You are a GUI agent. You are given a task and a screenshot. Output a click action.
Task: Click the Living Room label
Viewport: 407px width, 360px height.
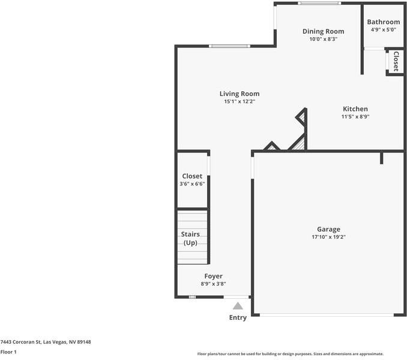(239, 94)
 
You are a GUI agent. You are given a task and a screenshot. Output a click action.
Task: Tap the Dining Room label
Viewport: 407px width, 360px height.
(323, 31)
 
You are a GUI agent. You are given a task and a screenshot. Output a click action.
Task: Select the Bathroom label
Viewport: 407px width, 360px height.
(384, 22)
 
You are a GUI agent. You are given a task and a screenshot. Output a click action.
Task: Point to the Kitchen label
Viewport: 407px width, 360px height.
(355, 109)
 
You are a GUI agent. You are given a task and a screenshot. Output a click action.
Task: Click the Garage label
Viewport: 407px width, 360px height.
(328, 229)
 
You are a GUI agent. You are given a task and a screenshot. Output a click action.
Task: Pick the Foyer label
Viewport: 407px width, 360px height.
(213, 276)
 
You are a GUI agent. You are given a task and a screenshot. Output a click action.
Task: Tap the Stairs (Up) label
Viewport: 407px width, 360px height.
(190, 238)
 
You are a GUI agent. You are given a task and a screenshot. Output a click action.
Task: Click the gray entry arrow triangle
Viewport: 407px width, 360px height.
(238, 306)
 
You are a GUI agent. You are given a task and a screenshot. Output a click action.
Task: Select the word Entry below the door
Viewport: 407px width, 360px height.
(238, 317)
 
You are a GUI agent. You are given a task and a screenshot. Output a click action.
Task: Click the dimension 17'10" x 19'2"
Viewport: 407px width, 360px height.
(328, 237)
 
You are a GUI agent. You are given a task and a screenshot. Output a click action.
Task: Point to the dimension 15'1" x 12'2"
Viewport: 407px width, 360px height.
(239, 102)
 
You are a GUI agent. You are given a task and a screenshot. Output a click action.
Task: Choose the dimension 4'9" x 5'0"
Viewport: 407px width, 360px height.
(384, 29)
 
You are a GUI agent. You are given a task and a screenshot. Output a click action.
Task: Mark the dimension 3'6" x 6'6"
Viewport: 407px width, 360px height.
(192, 184)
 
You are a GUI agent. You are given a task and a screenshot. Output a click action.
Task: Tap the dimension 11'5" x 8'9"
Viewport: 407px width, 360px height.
(355, 116)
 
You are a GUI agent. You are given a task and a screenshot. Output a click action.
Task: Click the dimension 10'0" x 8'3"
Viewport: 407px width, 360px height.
(323, 39)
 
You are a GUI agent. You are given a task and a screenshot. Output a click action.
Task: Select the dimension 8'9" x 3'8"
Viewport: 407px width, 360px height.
(213, 284)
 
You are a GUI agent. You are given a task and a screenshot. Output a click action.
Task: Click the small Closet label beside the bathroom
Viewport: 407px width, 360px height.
(396, 62)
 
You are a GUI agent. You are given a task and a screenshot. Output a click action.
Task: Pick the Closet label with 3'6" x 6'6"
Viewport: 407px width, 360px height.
(192, 176)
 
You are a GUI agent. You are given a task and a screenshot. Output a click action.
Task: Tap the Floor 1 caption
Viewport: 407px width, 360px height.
(8, 352)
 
